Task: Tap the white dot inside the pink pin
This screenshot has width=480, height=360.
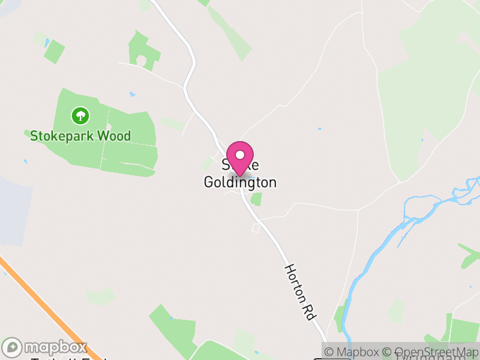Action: pyautogui.click(x=240, y=155)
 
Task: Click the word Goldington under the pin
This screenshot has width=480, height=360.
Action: pyautogui.click(x=240, y=182)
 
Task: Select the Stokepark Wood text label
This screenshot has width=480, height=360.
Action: pyautogui.click(x=80, y=136)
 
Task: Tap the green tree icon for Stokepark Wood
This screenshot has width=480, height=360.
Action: pyautogui.click(x=79, y=114)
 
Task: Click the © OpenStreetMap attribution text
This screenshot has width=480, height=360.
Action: pyautogui.click(x=431, y=352)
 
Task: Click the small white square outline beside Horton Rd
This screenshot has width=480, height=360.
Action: pyautogui.click(x=256, y=228)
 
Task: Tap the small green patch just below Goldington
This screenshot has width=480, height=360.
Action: pyautogui.click(x=256, y=199)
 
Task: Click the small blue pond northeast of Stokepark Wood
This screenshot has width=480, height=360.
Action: pyautogui.click(x=132, y=94)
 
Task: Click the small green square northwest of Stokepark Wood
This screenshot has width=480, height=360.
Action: pyautogui.click(x=55, y=52)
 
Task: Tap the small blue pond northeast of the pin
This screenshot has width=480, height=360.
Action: pyautogui.click(x=319, y=128)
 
